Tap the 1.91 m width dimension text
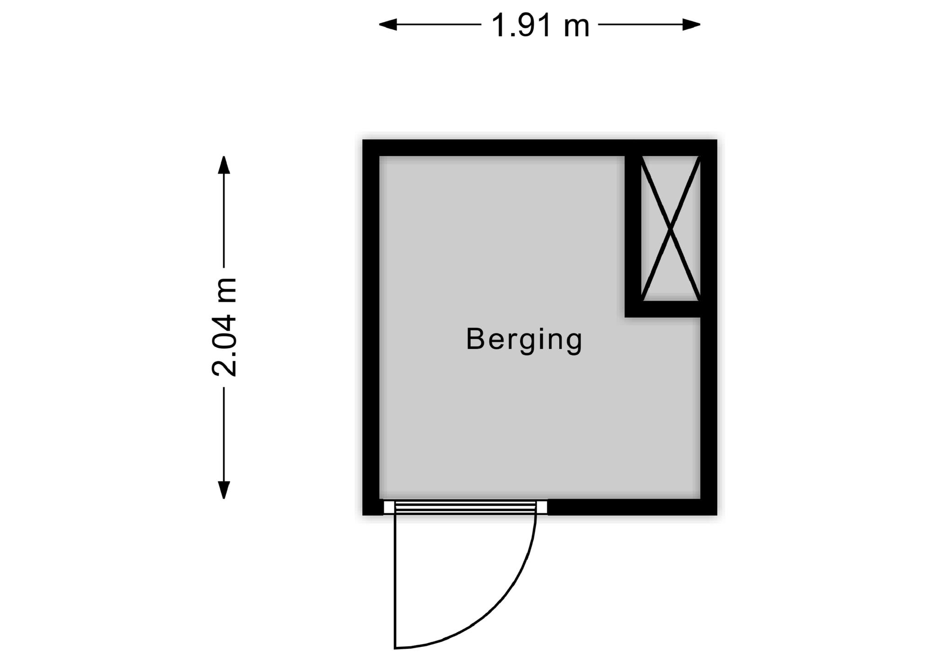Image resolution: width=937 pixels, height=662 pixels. point(540,26)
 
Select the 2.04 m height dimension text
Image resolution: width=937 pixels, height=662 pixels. point(224,327)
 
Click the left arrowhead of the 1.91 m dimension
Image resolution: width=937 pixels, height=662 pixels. point(388,25)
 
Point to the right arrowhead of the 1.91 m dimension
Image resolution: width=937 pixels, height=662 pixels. point(692,25)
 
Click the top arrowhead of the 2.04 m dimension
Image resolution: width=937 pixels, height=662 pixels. point(224,165)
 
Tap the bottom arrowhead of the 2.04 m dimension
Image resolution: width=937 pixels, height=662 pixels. point(224,490)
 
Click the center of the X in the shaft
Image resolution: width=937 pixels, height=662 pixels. point(670,228)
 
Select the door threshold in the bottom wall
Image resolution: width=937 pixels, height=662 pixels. point(465,507)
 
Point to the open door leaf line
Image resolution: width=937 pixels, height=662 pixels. point(395,581)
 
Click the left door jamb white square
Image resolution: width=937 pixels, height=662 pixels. point(389,507)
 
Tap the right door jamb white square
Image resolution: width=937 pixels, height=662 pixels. point(542,507)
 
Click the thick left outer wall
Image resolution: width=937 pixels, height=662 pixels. point(371,327)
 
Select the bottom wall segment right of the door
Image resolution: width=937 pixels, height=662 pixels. point(632,507)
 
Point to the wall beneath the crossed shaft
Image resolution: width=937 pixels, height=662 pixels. point(663,309)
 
